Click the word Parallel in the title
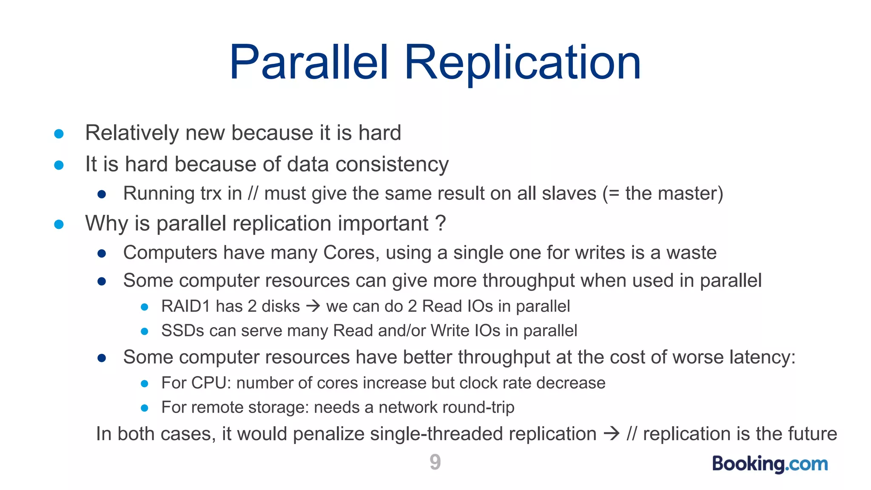click(309, 63)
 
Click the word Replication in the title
click(522, 63)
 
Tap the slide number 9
click(435, 462)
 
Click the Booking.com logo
click(770, 464)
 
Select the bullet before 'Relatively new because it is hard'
click(59, 134)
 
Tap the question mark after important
click(441, 223)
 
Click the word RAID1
click(186, 306)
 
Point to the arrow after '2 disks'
click(313, 306)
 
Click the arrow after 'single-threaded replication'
click(612, 434)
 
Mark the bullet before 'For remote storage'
click(144, 408)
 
